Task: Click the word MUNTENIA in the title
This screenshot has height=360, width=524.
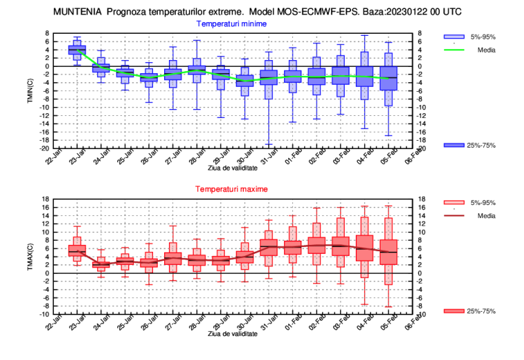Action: pos(78,12)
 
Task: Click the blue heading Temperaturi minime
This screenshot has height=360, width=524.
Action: pos(231,23)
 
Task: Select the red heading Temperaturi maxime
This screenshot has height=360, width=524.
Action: pos(231,189)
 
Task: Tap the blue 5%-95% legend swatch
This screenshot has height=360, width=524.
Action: pos(453,37)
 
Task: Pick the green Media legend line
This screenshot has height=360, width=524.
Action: pos(453,50)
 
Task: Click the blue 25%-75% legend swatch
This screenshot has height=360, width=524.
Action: pos(453,145)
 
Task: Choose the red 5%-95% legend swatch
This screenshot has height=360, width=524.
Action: pos(453,203)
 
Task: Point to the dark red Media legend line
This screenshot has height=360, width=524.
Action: pos(453,216)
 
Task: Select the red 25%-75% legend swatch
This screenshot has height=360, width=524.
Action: pos(453,311)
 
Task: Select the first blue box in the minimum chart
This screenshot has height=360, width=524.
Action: pos(77,50)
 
